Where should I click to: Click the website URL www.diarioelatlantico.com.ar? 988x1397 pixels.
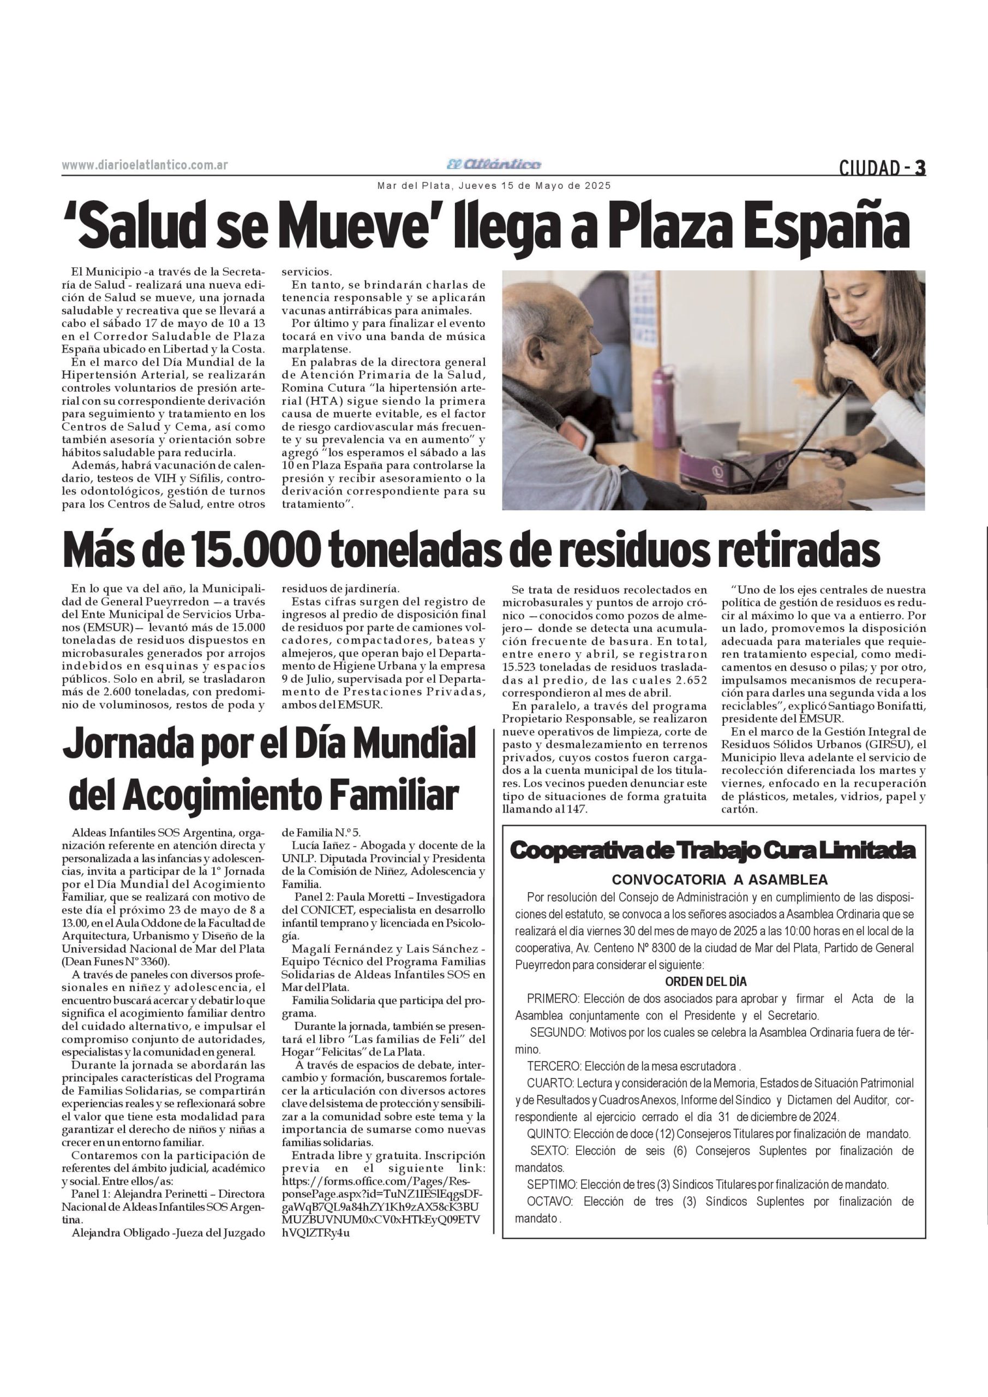(145, 165)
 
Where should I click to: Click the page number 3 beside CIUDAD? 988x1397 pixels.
(920, 168)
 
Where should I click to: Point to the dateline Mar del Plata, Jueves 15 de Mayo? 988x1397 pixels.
(493, 186)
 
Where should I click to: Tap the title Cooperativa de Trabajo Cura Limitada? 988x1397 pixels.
(712, 851)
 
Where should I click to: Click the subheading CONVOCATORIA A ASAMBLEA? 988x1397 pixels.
(719, 880)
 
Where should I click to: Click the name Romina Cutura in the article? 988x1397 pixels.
(317, 387)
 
